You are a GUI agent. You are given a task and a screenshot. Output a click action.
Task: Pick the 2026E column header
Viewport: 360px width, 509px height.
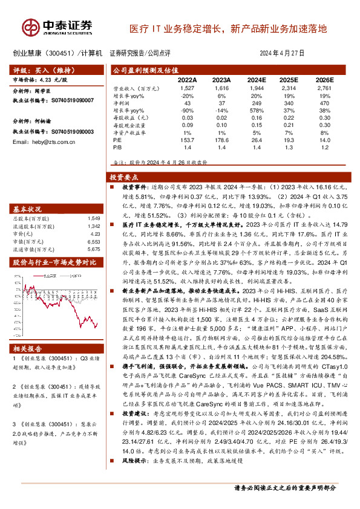click(x=324, y=79)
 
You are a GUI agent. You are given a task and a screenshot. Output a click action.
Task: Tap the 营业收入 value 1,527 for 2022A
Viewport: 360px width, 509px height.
click(x=188, y=88)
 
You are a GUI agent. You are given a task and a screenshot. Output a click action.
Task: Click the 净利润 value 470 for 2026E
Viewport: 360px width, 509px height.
click(x=326, y=103)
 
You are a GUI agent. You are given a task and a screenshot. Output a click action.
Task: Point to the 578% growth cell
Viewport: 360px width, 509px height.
click(x=257, y=111)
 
